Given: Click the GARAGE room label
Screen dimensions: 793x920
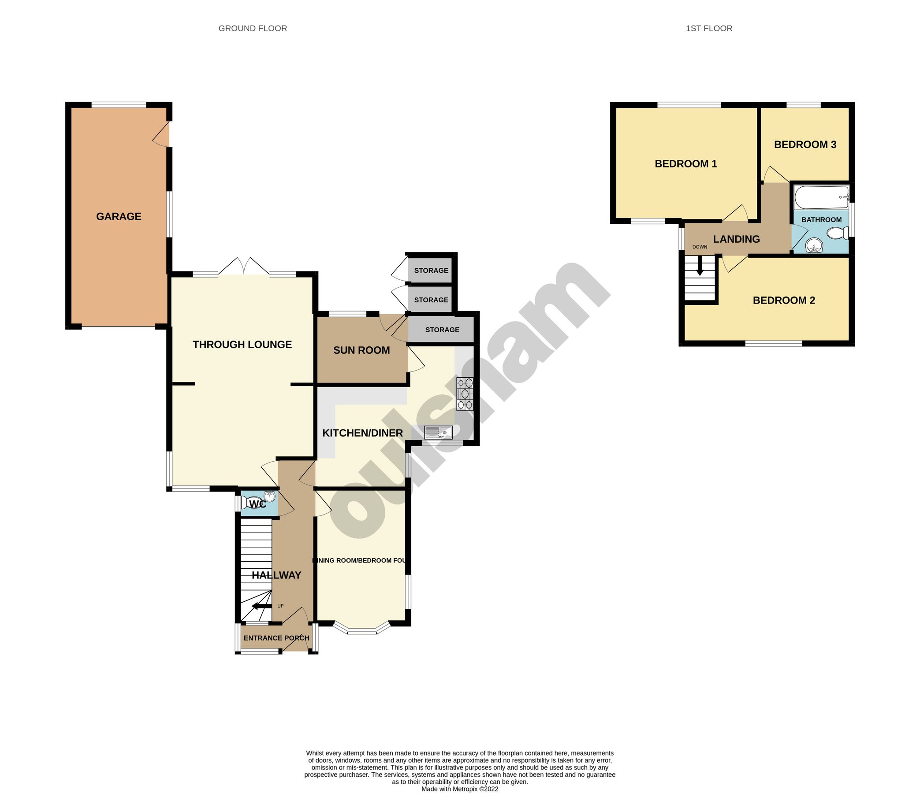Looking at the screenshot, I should point(119,217).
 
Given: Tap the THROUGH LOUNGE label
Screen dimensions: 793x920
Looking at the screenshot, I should point(242,345).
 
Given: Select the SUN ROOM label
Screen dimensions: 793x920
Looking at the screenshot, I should point(361,350).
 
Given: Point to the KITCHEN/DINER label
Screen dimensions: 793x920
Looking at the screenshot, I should point(362,433).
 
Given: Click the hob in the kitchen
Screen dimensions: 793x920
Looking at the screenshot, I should point(465,393).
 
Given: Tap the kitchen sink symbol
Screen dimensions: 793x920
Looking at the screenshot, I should point(438,432).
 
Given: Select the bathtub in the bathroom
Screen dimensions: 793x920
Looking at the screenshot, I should point(821,197).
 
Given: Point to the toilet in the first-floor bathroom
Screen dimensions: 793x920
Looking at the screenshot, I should point(838,233).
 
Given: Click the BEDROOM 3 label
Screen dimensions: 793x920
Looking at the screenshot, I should point(805,145).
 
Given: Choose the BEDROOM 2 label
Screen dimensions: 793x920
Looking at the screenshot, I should point(784,300).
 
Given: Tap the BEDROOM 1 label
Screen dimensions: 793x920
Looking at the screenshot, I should point(685,164).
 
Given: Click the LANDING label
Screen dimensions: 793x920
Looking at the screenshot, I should point(736,239).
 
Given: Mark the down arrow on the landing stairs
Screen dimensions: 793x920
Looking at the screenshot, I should point(700,268).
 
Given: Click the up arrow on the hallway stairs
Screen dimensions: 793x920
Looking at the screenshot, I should point(261,606).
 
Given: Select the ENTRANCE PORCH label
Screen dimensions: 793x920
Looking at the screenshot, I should point(276,638).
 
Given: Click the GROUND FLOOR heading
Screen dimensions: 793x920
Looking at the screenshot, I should point(253,28).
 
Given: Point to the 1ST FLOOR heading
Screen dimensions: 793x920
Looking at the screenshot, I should point(709,28).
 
